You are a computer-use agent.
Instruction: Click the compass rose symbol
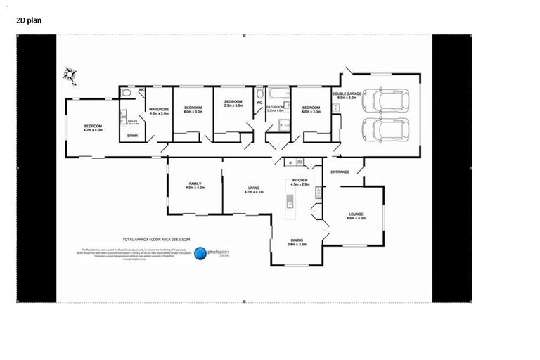tap(70, 73)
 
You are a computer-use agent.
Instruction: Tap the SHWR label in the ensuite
tap(131, 135)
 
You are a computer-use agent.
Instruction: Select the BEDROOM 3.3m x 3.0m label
tap(233, 104)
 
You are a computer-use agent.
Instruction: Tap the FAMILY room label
tap(195, 186)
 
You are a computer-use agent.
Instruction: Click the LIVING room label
tap(254, 188)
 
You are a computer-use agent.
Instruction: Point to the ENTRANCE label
tap(340, 172)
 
